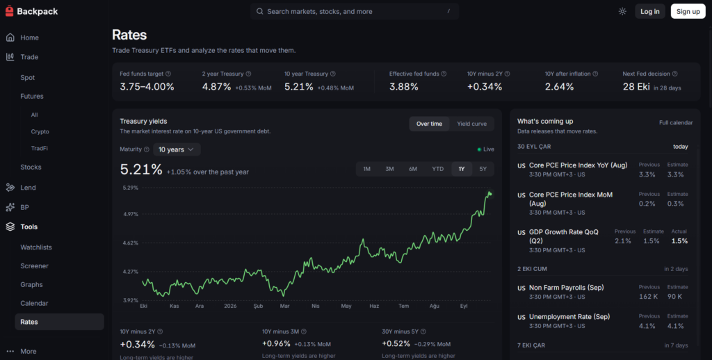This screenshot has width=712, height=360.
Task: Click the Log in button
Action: [x=650, y=11]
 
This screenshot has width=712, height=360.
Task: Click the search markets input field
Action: [x=354, y=11]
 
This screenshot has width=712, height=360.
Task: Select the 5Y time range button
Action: [x=483, y=169]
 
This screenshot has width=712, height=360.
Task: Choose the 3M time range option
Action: [x=389, y=169]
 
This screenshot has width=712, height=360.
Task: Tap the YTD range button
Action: [x=438, y=169]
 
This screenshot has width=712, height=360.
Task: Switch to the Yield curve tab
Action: [x=472, y=124]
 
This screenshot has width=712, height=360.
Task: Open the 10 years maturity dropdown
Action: [x=177, y=149]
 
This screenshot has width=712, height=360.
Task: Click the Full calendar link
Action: [x=676, y=122]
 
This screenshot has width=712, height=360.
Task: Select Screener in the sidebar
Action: [x=35, y=266]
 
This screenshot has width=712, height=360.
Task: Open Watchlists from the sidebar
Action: [x=36, y=247]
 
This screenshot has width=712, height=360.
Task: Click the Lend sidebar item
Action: [x=28, y=188]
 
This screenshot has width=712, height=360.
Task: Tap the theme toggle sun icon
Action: [x=622, y=11]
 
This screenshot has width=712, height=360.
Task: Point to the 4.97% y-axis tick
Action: [x=131, y=214]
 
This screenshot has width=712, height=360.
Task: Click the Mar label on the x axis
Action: [x=284, y=306]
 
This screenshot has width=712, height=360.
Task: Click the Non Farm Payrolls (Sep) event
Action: [x=566, y=287]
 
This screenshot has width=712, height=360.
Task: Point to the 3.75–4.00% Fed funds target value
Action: [x=147, y=87]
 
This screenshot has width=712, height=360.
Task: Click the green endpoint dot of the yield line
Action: [x=490, y=195]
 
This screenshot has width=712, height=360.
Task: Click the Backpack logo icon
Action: [x=9, y=11]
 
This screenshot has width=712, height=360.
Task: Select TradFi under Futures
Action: [x=40, y=149]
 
